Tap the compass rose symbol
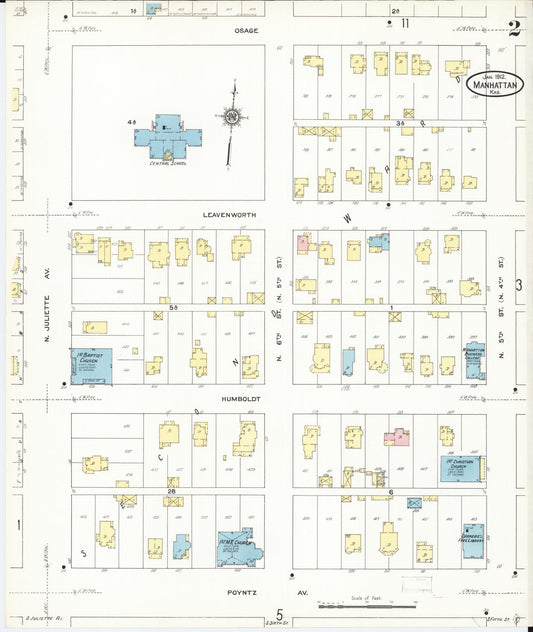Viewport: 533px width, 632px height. (232, 117)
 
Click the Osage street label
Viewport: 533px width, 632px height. (246, 31)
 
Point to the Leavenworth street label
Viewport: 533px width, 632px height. (231, 214)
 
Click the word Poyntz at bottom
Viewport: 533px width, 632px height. (240, 592)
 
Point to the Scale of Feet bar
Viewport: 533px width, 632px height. (369, 603)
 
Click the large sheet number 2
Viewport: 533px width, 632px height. (514, 28)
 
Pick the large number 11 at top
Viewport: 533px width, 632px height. (405, 22)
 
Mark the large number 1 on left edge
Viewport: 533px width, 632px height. (18, 523)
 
